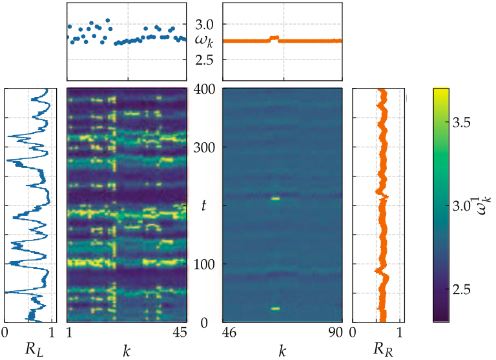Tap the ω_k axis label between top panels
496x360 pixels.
coord(204,41)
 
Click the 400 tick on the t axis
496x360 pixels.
coord(203,89)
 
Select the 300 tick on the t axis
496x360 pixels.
coord(203,147)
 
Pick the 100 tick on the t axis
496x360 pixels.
coord(203,264)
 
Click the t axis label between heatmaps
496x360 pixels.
coord(203,206)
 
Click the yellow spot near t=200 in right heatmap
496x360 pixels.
coord(275,198)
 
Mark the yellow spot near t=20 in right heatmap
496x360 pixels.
coord(275,309)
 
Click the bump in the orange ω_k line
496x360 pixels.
coord(274,38)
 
